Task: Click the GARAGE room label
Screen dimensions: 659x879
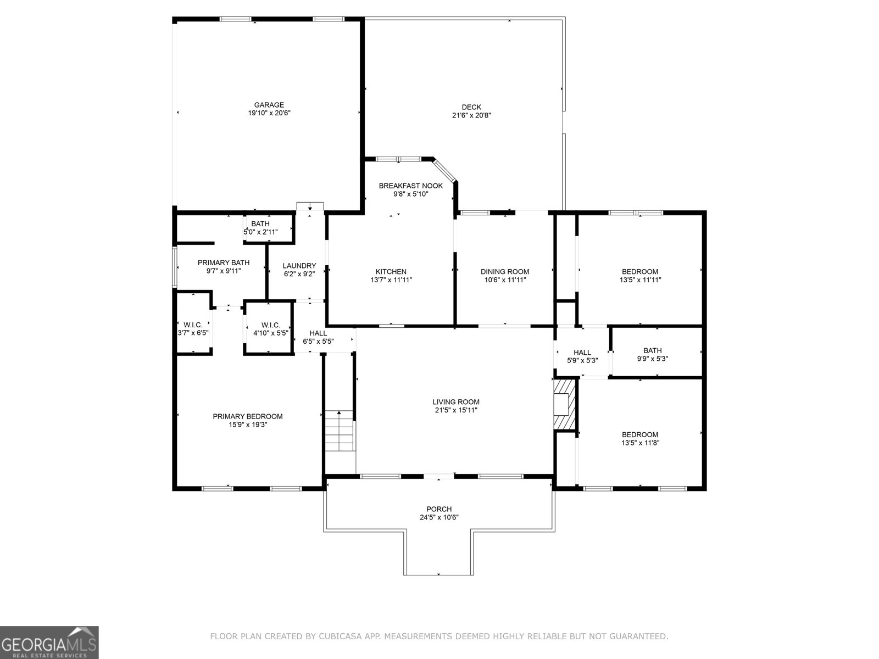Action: [x=269, y=105]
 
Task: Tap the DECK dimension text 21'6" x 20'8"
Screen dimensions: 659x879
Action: [x=471, y=116]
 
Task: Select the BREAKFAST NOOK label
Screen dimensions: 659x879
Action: [x=410, y=186]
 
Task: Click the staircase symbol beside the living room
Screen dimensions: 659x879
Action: [x=338, y=431]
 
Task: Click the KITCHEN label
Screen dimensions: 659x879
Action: [x=391, y=271]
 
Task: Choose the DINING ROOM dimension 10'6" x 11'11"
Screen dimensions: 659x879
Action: [x=504, y=280]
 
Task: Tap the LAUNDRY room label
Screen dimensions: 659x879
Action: [x=299, y=266]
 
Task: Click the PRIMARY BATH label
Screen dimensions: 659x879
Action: [x=224, y=263]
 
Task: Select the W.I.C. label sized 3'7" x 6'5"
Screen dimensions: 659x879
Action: [x=193, y=325]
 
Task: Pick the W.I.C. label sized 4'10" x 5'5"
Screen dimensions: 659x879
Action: [x=271, y=325]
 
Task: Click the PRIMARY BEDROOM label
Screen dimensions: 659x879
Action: [x=247, y=416]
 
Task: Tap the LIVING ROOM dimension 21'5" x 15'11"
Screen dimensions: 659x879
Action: [x=456, y=410]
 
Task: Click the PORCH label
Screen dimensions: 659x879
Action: [x=439, y=509]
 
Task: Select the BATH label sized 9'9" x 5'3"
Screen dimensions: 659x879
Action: [x=653, y=350]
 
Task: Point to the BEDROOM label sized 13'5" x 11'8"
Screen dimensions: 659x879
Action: [x=640, y=434]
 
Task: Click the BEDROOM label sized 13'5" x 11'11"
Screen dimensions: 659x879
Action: [x=640, y=271]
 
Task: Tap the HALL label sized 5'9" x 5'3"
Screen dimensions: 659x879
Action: [x=582, y=353]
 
